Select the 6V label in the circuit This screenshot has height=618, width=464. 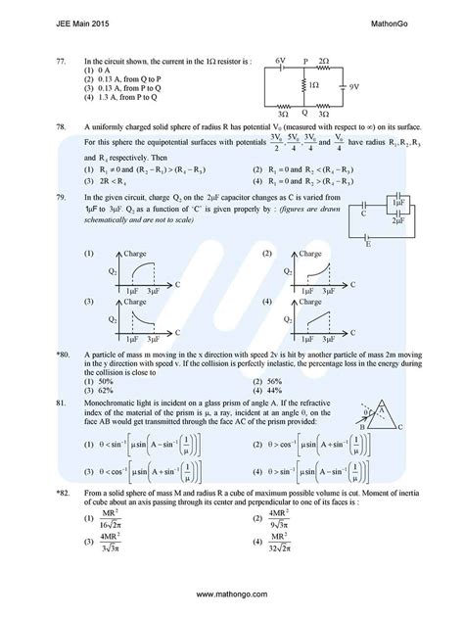280,60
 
